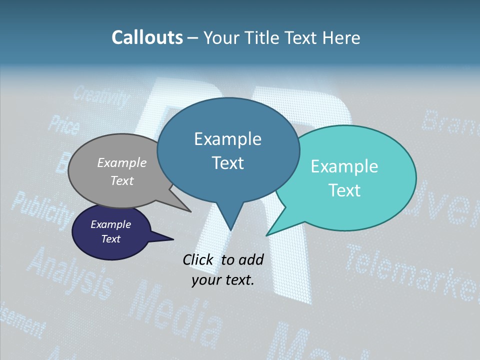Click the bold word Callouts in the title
147,38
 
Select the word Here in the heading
341,38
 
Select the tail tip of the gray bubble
190,211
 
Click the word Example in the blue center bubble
227,139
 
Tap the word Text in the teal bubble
344,190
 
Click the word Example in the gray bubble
122,163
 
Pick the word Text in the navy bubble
111,239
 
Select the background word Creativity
101,97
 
